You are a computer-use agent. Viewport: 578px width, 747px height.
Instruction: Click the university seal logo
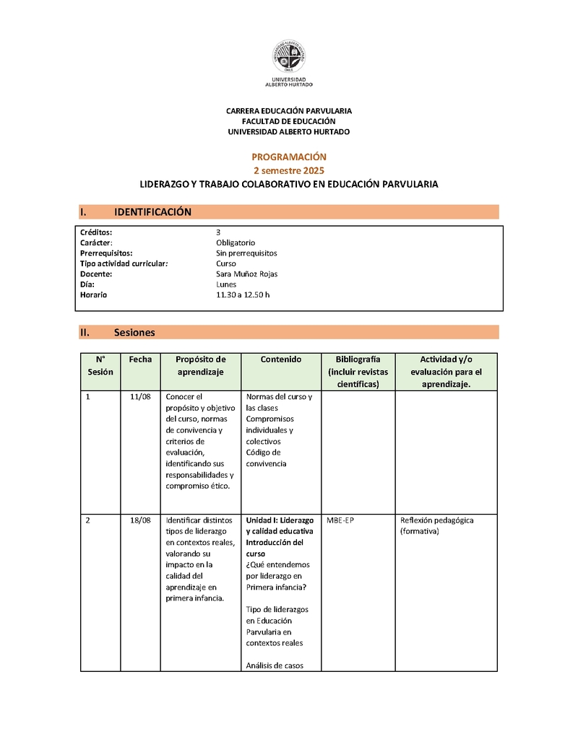(x=288, y=56)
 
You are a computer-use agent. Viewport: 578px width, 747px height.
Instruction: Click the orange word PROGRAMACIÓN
(x=289, y=157)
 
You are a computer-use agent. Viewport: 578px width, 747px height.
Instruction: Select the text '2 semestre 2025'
(x=289, y=170)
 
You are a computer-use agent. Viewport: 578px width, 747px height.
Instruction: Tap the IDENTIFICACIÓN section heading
(x=152, y=211)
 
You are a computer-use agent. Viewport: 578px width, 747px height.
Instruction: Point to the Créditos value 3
(x=218, y=232)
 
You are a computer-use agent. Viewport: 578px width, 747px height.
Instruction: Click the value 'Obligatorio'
(x=235, y=243)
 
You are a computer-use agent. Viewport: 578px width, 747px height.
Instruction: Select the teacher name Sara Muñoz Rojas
(x=246, y=274)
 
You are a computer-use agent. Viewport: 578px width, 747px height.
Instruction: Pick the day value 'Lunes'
(x=226, y=284)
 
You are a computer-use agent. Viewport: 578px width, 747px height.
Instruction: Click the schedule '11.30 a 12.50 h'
(x=243, y=295)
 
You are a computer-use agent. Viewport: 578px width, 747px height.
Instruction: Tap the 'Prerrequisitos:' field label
(x=106, y=253)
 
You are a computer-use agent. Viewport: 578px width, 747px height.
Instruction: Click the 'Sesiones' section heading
(x=134, y=333)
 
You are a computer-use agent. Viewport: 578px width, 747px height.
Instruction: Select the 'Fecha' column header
(x=140, y=359)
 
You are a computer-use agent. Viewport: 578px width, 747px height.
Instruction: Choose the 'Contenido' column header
(x=280, y=359)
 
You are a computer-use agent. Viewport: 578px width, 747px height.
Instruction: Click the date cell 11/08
(x=140, y=398)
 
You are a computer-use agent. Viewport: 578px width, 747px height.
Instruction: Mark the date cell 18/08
(x=140, y=520)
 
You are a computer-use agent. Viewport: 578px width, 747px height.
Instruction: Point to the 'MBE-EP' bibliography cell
(x=340, y=520)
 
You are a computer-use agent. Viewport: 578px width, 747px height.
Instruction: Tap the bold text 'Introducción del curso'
(x=275, y=548)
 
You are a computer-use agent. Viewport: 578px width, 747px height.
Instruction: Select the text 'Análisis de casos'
(x=275, y=665)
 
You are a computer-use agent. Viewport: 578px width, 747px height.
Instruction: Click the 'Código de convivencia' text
(x=266, y=458)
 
